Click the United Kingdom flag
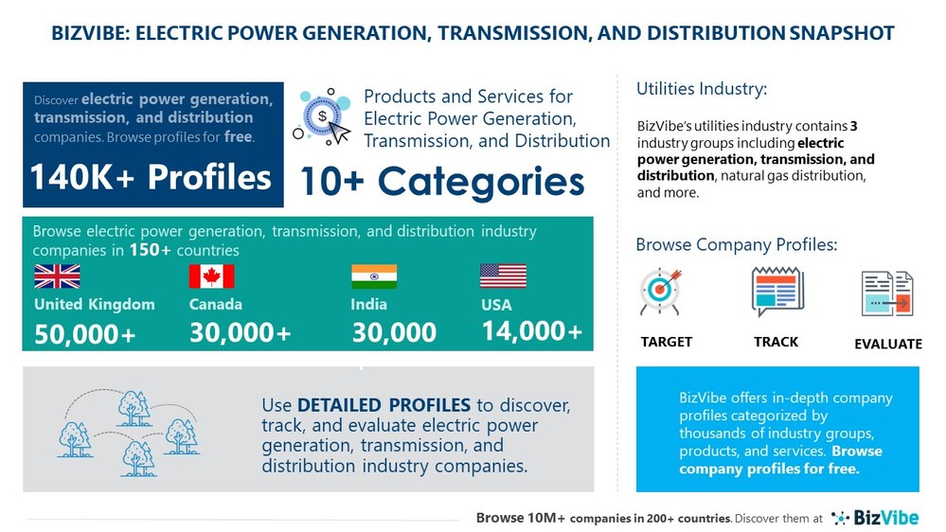[x=57, y=276]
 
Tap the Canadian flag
[x=211, y=276]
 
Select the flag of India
[x=374, y=276]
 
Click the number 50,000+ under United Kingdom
[x=85, y=334]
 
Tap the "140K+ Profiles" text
[x=151, y=176]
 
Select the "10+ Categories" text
[x=442, y=180]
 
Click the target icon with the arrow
[x=661, y=292]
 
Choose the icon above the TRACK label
[x=776, y=292]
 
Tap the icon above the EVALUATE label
[x=887, y=293]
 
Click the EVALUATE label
[x=887, y=344]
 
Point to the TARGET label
[x=667, y=342]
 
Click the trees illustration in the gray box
[x=128, y=431]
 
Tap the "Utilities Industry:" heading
[x=701, y=89]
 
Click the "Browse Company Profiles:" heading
[x=736, y=245]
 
